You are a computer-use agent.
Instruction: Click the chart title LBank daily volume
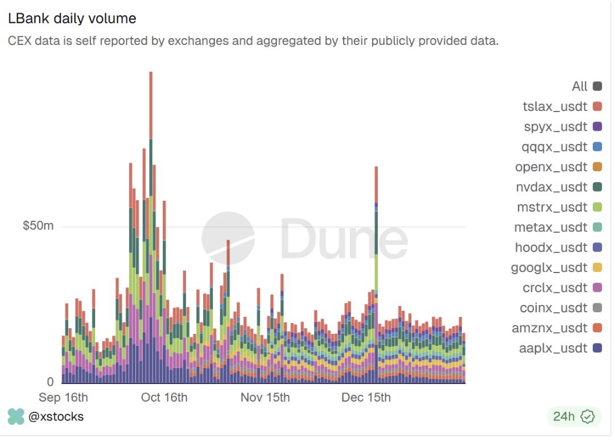(72, 18)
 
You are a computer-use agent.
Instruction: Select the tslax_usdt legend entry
(555, 106)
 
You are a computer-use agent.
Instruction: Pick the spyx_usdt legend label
(555, 127)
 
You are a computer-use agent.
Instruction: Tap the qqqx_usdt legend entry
(554, 147)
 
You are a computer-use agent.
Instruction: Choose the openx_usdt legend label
(551, 167)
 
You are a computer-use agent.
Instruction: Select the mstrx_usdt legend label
(551, 207)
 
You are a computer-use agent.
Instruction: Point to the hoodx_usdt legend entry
(551, 247)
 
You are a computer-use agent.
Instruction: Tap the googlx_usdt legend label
(549, 267)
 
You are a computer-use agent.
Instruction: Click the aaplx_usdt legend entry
(553, 348)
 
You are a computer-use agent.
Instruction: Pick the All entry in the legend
(579, 86)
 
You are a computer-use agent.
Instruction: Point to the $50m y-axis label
(38, 226)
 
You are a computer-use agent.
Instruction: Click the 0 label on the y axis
(50, 382)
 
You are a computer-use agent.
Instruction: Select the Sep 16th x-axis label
(63, 397)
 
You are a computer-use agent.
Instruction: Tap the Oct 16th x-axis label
(164, 397)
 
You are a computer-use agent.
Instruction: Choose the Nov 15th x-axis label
(265, 397)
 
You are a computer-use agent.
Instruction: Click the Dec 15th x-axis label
(366, 397)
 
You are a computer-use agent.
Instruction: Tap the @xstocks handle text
(56, 416)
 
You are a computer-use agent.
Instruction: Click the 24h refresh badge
(571, 416)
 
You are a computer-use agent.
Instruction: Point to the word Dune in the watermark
(344, 239)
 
